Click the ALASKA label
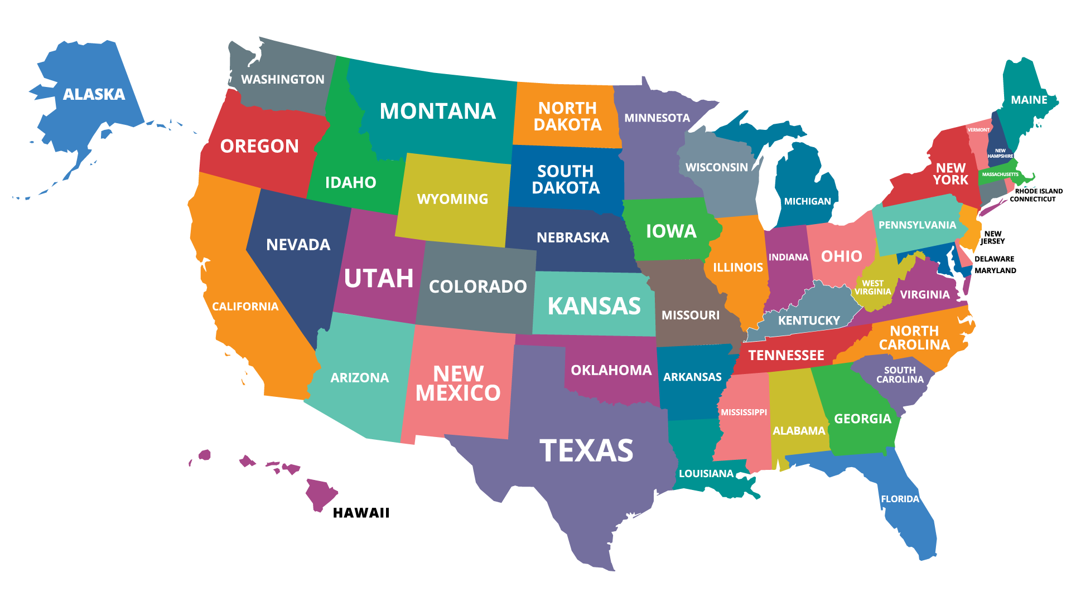94,94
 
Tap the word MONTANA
437,111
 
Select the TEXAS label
586,450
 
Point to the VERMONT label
978,130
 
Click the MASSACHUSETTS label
1000,174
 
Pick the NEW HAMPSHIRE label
1000,153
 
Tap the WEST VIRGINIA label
872,288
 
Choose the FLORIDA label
900,499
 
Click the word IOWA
671,231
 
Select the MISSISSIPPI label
744,412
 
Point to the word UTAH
379,278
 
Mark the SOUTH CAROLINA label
900,375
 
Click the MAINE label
1029,100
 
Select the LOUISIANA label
706,473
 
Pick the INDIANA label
788,257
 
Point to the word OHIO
841,256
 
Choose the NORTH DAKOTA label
567,116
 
